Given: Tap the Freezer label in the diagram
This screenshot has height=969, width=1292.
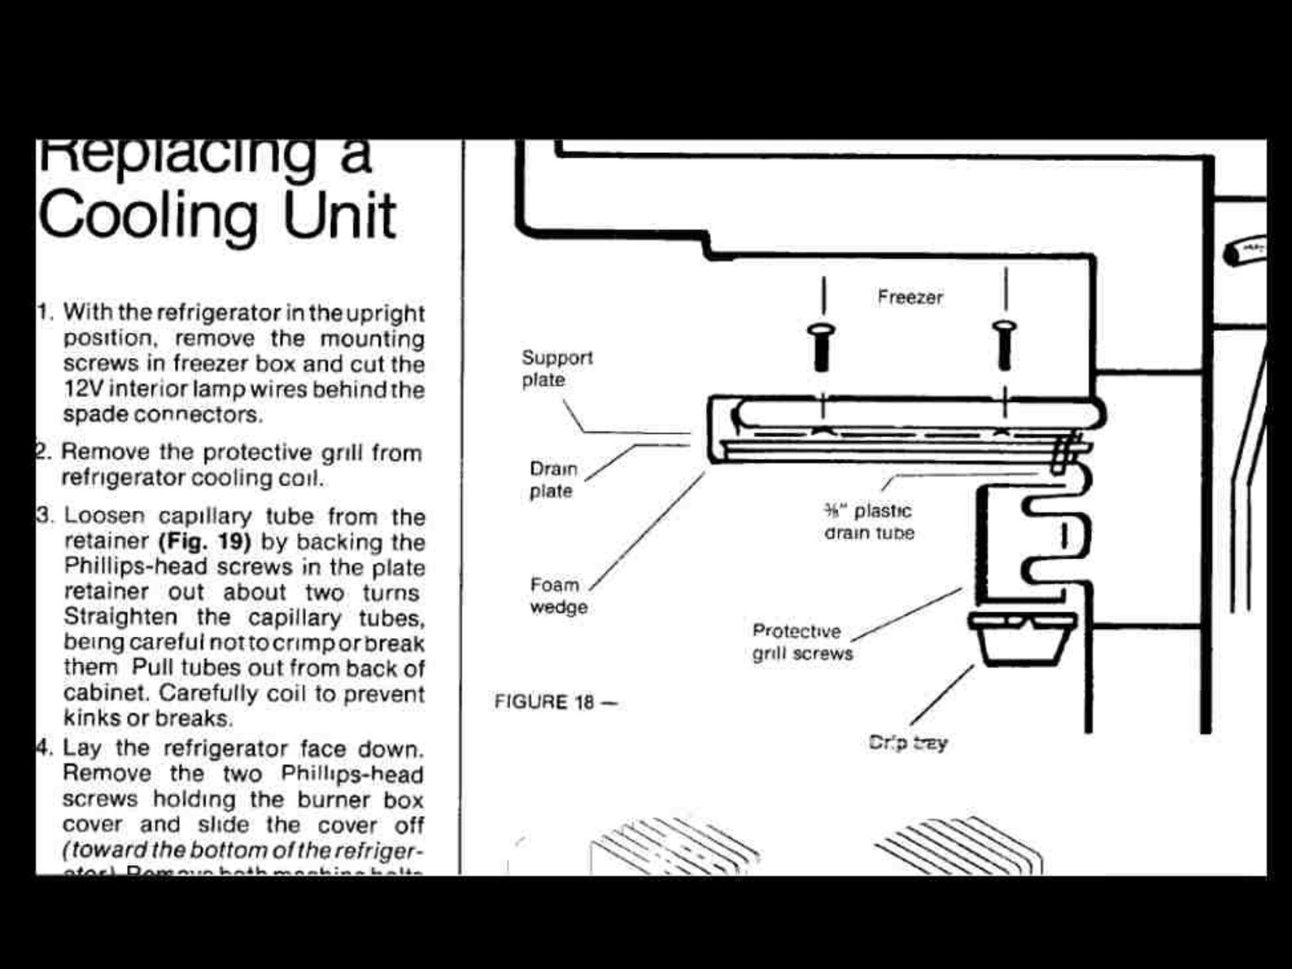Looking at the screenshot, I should [910, 298].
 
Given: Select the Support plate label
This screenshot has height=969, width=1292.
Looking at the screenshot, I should [557, 369].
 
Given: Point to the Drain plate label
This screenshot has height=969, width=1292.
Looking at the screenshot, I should [552, 480].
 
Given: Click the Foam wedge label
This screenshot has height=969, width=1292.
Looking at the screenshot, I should [557, 596].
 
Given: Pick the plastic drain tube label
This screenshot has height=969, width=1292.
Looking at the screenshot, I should [869, 522].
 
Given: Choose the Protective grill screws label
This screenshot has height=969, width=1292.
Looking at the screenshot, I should [801, 642].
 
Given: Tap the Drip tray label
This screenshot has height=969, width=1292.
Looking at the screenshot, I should [907, 743].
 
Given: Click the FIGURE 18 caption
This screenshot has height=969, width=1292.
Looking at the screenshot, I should [555, 702].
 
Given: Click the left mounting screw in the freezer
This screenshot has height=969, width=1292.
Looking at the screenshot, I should [822, 345].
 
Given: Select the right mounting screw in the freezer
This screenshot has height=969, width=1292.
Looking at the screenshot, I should [1005, 343].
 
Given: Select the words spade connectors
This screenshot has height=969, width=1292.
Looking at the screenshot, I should [163, 415].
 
